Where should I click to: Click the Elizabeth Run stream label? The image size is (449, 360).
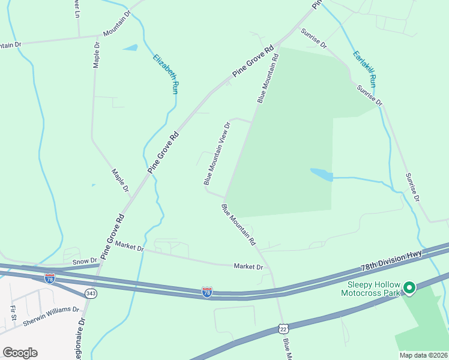point(166,74)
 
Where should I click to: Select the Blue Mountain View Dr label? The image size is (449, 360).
point(217,154)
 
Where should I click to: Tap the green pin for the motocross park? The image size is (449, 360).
point(409,289)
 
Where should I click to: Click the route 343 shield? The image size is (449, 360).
point(91,293)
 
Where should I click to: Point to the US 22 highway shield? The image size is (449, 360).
point(283,329)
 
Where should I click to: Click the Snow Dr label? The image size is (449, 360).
point(85,262)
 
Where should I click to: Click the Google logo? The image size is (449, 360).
point(20,353)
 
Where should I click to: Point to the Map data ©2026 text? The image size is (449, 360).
point(423,355)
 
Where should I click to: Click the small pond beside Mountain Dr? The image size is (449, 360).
point(130,47)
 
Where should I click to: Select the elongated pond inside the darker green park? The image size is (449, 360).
point(322,175)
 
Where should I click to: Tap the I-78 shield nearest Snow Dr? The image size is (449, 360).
point(50,278)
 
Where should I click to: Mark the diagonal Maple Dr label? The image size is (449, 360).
point(121,180)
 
